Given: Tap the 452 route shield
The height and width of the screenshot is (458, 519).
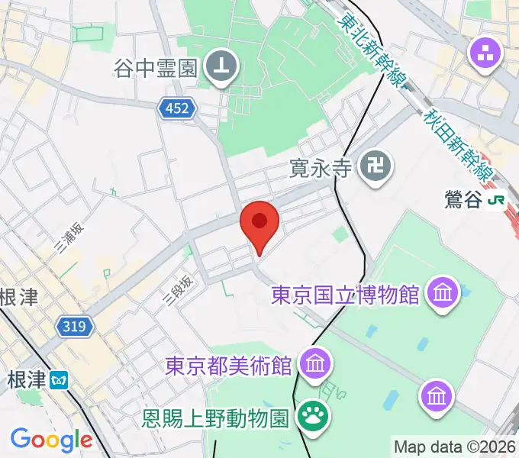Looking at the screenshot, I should tap(177, 110).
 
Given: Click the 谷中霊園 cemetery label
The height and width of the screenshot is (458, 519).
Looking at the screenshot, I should tap(156, 69).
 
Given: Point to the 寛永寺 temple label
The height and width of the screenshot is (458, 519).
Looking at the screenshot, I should tap(320, 166).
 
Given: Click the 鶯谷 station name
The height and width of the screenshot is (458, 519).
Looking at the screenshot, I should tap(463, 201).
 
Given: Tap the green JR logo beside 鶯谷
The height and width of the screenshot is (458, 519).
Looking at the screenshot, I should tap(497, 201).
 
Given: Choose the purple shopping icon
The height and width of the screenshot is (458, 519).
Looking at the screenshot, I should tap(485, 53).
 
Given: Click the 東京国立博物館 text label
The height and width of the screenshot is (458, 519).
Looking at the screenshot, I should tap(346, 294).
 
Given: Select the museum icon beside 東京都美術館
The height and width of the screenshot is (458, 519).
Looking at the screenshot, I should tap(314, 363).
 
